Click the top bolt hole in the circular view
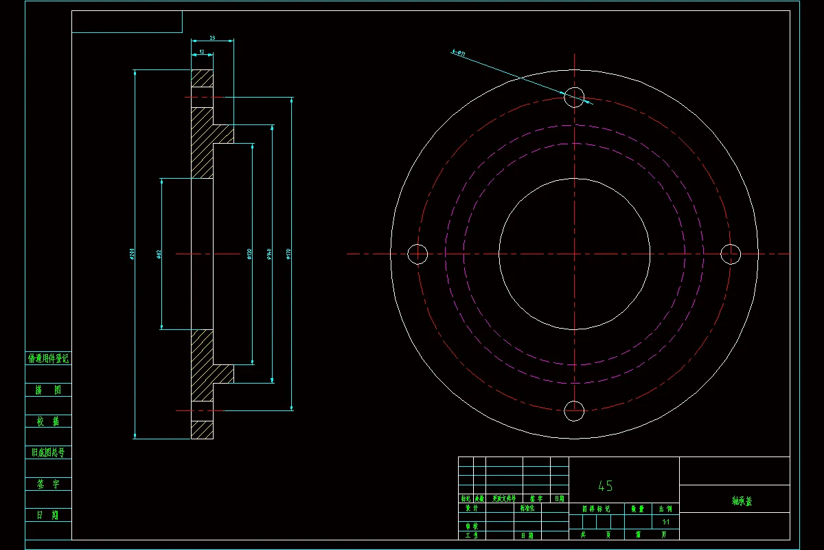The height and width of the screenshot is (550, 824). [574, 97]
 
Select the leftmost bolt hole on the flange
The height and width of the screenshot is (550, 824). [417, 254]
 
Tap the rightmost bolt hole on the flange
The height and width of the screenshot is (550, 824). [731, 254]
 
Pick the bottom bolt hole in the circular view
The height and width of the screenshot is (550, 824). [574, 411]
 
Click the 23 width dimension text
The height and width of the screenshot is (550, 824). [212, 38]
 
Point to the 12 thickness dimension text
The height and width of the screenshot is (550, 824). [202, 52]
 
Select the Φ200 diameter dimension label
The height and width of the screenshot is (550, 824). [130, 254]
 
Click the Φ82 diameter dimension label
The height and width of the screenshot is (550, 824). [159, 254]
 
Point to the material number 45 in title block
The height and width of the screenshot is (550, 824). [605, 486]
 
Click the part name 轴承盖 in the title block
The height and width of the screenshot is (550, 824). [742, 502]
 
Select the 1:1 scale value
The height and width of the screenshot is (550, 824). [665, 522]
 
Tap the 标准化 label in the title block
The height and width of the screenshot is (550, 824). [531, 509]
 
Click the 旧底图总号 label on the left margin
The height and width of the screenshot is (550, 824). [48, 452]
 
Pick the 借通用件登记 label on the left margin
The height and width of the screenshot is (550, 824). [48, 358]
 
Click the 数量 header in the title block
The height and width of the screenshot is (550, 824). [637, 509]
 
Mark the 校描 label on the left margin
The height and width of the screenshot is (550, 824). [48, 421]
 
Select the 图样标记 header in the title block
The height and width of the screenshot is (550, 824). [595, 509]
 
